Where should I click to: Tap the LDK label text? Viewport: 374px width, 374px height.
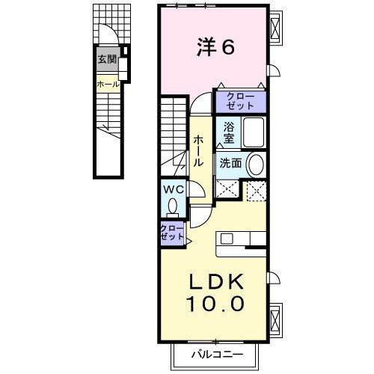click(x=215, y=282)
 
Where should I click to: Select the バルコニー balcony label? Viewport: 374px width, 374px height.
click(x=215, y=353)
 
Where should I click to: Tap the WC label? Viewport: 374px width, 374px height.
click(x=173, y=189)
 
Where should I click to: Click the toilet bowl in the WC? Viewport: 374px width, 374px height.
click(x=174, y=206)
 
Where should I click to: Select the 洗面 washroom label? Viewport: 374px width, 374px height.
click(x=230, y=162)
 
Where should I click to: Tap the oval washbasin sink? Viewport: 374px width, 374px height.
click(x=255, y=164)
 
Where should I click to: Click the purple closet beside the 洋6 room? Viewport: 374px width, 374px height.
click(x=240, y=99)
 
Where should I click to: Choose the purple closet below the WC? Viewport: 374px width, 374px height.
click(x=171, y=232)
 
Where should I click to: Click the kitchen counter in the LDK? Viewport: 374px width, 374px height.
click(x=241, y=239)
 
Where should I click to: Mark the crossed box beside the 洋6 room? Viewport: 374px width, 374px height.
click(x=276, y=30)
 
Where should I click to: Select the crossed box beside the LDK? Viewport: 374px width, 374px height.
click(x=276, y=317)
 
